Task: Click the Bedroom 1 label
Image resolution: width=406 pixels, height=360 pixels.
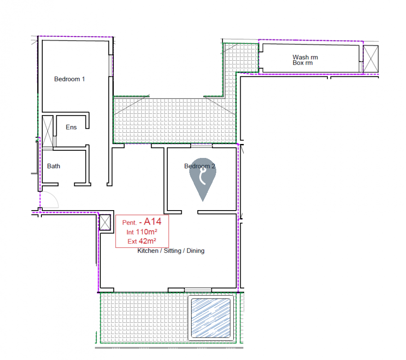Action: tap(69, 79)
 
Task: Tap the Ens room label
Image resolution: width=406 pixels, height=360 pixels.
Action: tap(71, 127)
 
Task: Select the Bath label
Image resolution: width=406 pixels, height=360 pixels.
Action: tap(54, 166)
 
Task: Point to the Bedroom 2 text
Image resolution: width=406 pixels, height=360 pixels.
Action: tap(200, 166)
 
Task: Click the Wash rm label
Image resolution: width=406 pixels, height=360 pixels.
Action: tap(305, 57)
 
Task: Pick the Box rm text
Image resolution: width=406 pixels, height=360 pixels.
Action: tap(303, 63)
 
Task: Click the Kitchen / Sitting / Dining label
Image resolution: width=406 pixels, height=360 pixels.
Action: tap(171, 251)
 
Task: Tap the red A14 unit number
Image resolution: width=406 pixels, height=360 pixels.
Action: tap(152, 221)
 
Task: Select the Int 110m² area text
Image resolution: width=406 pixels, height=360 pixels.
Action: tap(142, 232)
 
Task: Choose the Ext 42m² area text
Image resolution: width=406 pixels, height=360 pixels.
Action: tap(142, 241)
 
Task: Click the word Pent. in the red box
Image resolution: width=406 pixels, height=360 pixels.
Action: tap(129, 223)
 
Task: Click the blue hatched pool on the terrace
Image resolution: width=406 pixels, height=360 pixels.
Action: tap(210, 318)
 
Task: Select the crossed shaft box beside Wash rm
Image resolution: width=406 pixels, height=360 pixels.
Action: tap(371, 59)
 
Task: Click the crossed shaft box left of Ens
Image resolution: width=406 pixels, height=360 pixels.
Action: tap(48, 132)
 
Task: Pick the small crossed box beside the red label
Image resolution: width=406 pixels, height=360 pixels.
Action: tap(105, 222)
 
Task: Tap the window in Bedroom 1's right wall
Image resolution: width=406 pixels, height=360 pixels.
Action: tap(111, 66)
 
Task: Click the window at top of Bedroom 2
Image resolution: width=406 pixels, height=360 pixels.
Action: tap(201, 146)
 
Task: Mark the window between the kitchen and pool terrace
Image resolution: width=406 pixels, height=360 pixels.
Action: tap(198, 290)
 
